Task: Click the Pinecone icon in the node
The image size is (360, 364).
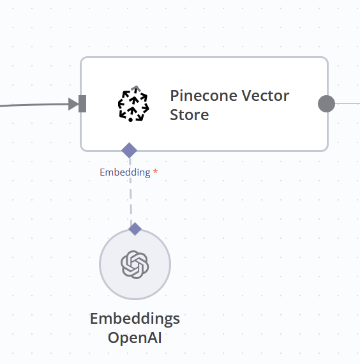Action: click(133, 103)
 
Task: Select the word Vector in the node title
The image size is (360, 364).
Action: click(265, 96)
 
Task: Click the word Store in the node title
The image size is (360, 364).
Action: click(189, 115)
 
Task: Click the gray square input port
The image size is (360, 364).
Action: click(82, 103)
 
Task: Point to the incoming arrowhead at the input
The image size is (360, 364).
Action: click(73, 104)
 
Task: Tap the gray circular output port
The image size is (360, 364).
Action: click(326, 103)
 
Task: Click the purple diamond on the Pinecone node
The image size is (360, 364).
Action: click(130, 151)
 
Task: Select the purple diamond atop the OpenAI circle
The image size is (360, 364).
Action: click(135, 229)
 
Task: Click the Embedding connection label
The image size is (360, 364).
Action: click(125, 172)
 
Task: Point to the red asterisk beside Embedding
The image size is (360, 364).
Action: click(156, 172)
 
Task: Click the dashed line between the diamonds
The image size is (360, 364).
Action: click(131, 190)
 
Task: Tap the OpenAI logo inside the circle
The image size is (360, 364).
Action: click(135, 264)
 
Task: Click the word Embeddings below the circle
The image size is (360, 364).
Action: click(135, 319)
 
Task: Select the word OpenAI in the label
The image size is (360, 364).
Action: click(135, 338)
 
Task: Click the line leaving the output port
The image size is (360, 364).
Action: click(347, 103)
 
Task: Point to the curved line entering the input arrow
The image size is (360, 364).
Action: click(34, 105)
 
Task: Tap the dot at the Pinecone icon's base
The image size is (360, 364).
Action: click(130, 120)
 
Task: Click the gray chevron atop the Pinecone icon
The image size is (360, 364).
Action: click(136, 88)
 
